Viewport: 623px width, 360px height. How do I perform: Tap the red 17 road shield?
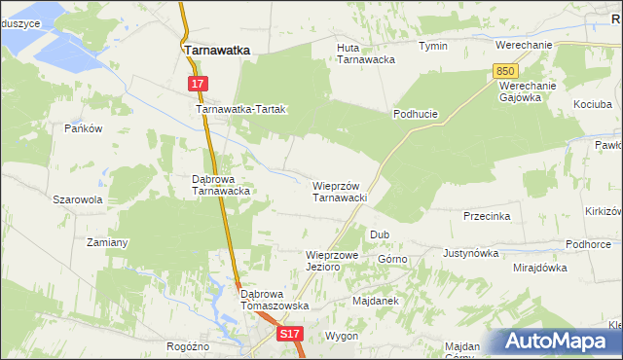click(x=198, y=85)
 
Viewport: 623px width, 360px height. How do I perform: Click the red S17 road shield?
click(x=289, y=334)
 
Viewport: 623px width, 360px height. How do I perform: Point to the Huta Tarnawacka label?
click(x=365, y=53)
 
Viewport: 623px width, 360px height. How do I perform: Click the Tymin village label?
click(x=433, y=46)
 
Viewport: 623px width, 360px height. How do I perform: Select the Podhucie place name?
click(x=416, y=114)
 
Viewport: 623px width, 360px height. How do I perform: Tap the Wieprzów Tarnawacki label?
click(x=339, y=192)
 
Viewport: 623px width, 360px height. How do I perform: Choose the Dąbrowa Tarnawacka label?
click(x=222, y=185)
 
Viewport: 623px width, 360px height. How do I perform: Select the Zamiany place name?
click(x=108, y=242)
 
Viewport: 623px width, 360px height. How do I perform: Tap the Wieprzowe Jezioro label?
click(x=333, y=260)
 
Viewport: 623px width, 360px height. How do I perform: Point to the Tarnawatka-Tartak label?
click(x=241, y=110)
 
